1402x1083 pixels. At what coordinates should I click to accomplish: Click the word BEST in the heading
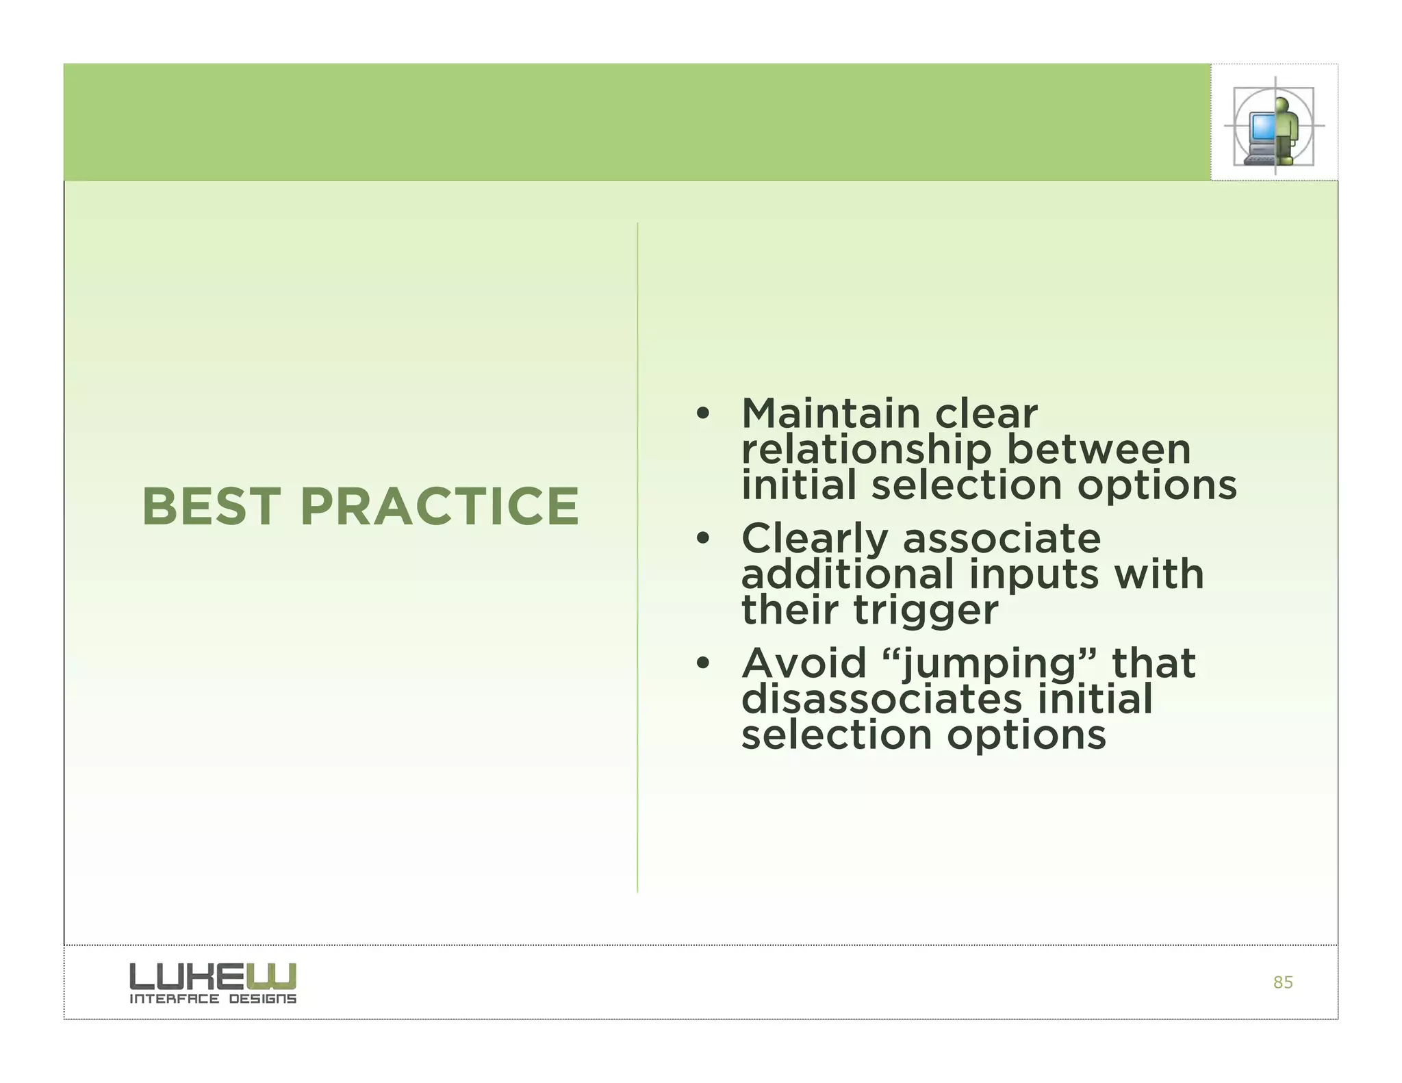[x=211, y=507]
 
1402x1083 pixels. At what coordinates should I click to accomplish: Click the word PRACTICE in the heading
[x=439, y=507]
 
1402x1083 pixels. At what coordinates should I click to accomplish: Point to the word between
[x=1098, y=450]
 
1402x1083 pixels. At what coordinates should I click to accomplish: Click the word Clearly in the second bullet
[x=814, y=539]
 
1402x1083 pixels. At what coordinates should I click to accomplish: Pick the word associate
[x=1002, y=539]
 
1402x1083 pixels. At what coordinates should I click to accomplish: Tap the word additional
[x=847, y=574]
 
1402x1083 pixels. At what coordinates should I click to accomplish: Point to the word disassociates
[x=881, y=700]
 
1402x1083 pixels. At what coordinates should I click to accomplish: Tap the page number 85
[x=1282, y=983]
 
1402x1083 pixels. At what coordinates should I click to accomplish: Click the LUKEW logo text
[x=213, y=976]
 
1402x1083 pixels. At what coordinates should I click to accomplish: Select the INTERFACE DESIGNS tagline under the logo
[x=213, y=999]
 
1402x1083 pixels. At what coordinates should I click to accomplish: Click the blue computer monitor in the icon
[x=1261, y=127]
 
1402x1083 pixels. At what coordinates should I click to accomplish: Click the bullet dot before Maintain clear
[x=702, y=414]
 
